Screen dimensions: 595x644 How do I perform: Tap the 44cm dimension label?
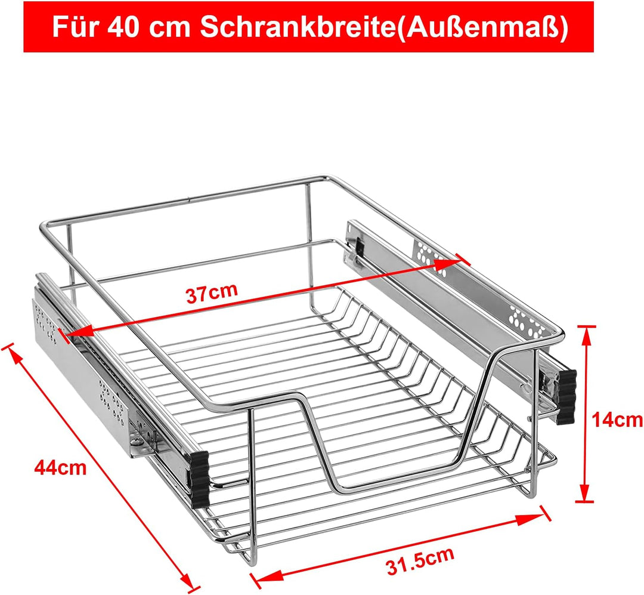(x=60, y=467)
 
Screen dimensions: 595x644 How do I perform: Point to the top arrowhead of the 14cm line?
(x=587, y=334)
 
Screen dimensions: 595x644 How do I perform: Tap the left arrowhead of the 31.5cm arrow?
(x=262, y=577)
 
